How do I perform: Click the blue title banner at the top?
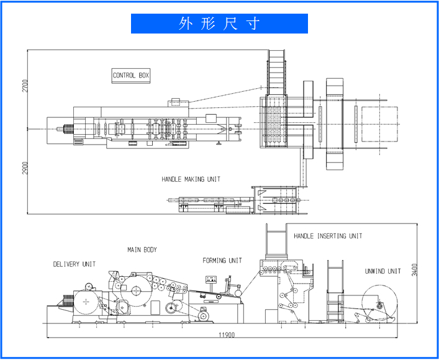[219, 24]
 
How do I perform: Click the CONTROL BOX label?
[131, 76]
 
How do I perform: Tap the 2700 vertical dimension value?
[25, 86]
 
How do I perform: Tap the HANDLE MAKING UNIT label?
[191, 179]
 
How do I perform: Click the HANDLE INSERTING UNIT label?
[328, 236]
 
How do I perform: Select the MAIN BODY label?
[142, 250]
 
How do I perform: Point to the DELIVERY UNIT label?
[75, 264]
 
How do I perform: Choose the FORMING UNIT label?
[222, 261]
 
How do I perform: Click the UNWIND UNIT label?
[383, 271]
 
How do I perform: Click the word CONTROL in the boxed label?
[124, 76]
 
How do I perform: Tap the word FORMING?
[215, 261]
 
